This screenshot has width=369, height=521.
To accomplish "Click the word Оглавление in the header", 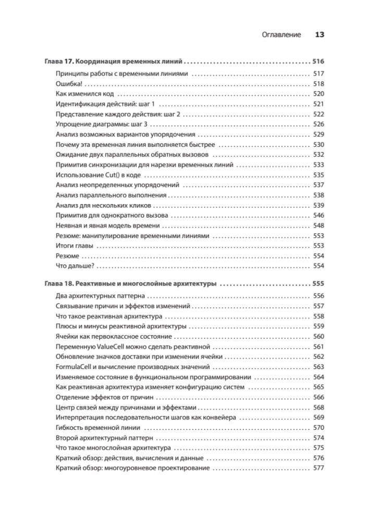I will point(281,35).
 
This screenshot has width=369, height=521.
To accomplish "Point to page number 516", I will point(317,60).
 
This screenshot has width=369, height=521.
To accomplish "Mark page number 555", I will point(317,284).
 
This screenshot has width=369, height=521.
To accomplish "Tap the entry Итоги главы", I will point(75,246).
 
